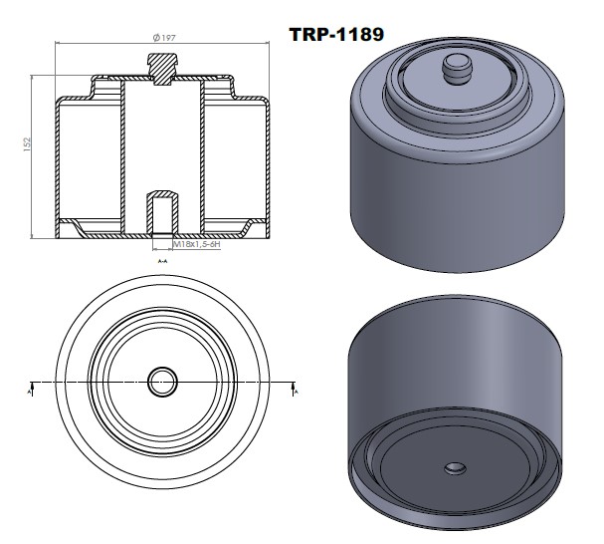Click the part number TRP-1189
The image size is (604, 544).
(x=335, y=33)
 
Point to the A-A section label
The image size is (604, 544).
(x=161, y=261)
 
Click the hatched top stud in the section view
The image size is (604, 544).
(x=162, y=68)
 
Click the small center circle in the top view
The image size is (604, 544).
(x=162, y=381)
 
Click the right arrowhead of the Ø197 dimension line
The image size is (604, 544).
(x=268, y=43)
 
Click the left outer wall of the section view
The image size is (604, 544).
(x=56, y=159)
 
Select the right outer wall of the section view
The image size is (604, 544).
(x=268, y=159)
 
